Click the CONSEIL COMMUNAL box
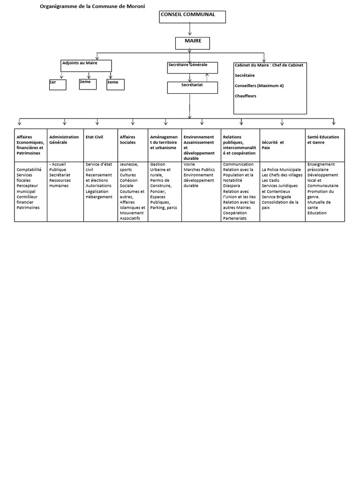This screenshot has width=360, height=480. (193, 16)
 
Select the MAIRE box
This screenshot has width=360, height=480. (193, 43)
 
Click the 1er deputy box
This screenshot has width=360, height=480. (58, 84)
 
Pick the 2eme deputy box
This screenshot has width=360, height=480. (88, 84)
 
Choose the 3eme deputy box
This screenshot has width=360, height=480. (115, 84)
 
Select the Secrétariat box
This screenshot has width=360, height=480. (192, 88)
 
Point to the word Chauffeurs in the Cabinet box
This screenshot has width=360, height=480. (246, 96)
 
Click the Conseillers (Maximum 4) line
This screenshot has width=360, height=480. (259, 86)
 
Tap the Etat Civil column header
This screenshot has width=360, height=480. (94, 137)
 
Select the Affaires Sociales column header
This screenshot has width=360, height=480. (127, 139)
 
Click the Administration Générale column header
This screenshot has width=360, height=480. (64, 139)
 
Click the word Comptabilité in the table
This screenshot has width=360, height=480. (29, 170)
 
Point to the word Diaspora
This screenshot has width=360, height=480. (232, 185)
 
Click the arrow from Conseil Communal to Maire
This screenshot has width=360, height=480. (190, 29)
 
